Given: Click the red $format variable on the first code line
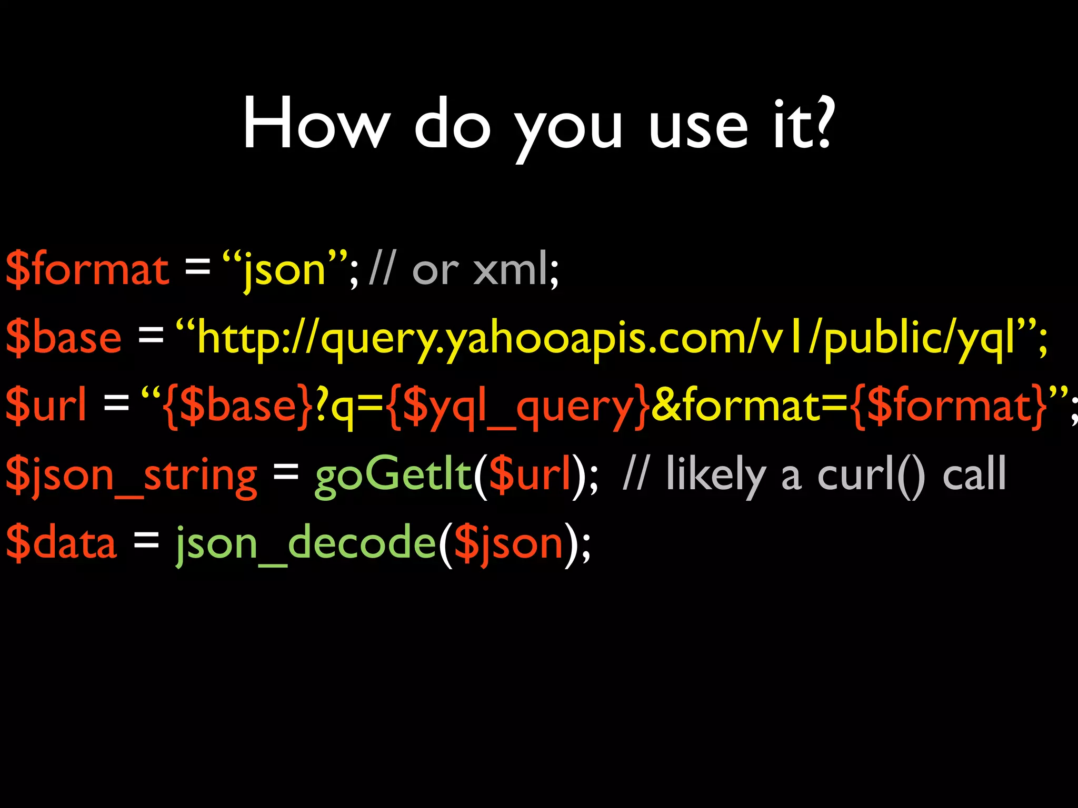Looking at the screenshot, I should pos(87,269).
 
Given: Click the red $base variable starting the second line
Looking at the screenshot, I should pos(64,338).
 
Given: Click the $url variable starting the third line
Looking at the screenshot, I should pos(46,406).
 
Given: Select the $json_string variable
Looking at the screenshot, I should pos(132,475).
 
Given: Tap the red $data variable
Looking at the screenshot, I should pos(61,542).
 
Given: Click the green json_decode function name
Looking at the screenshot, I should pos(306,543).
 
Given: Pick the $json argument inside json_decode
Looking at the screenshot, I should pos(508,543).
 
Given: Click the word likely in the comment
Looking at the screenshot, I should pos(715,475).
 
